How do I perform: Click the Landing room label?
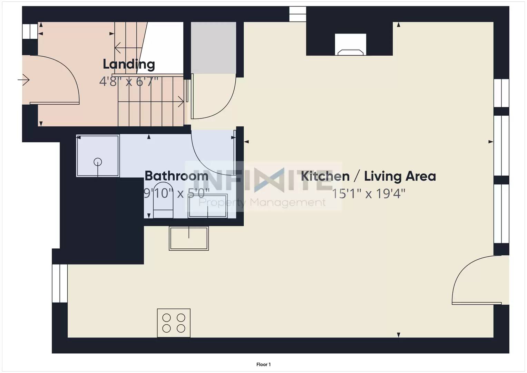pos(129,64)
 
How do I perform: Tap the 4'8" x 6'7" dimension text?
pos(129,82)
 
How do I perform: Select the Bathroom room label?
pos(176,176)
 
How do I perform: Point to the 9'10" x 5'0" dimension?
pos(176,193)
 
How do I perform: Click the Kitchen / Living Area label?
pos(369,176)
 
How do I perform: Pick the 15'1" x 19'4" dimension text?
pos(369,193)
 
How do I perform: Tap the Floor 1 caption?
pos(264,364)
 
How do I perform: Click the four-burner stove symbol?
pos(174,323)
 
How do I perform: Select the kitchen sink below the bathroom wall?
pos(189,238)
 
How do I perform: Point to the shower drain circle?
pos(98,162)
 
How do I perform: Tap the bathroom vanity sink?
pos(208,206)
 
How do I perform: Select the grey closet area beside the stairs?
pos(213,48)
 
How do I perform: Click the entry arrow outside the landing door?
pos(23,80)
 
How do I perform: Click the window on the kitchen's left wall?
pos(60,283)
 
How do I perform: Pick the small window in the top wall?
pos(297,14)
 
